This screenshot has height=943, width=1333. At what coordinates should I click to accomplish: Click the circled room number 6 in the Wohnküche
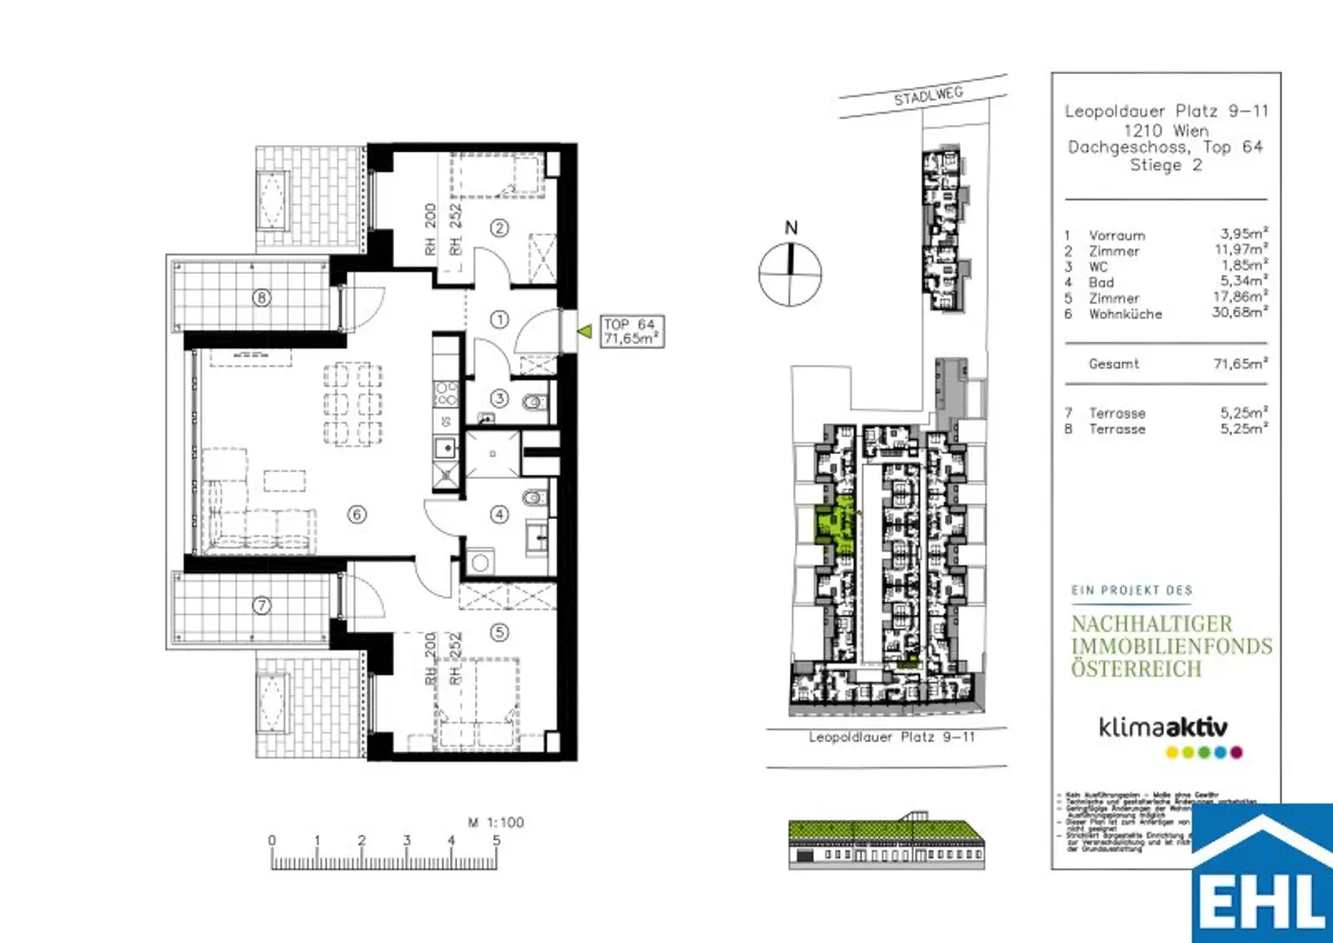(357, 514)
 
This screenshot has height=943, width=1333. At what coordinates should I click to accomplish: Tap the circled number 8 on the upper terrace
(261, 298)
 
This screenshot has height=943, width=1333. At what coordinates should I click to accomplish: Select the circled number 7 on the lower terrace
(261, 606)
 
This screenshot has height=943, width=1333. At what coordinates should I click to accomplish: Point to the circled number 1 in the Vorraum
(499, 319)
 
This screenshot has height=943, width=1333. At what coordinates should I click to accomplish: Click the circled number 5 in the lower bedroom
(499, 632)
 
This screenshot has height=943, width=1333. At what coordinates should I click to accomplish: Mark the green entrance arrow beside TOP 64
(586, 331)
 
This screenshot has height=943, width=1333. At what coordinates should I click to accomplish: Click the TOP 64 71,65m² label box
(631, 331)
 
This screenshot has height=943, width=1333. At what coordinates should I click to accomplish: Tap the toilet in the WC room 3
(535, 402)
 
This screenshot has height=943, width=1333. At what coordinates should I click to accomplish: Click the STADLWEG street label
(928, 96)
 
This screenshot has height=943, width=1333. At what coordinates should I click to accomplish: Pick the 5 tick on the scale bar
(496, 841)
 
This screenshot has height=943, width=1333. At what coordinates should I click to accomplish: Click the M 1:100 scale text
(496, 822)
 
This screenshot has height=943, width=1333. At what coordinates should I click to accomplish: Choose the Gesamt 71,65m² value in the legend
(1240, 363)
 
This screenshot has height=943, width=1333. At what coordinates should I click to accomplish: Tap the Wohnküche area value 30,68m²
(1239, 312)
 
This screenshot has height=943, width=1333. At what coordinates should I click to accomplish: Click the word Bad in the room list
(1100, 283)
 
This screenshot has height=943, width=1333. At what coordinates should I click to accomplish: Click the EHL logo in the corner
(1263, 876)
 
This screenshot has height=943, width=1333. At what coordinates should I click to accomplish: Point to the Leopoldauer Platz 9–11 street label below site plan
(891, 737)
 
